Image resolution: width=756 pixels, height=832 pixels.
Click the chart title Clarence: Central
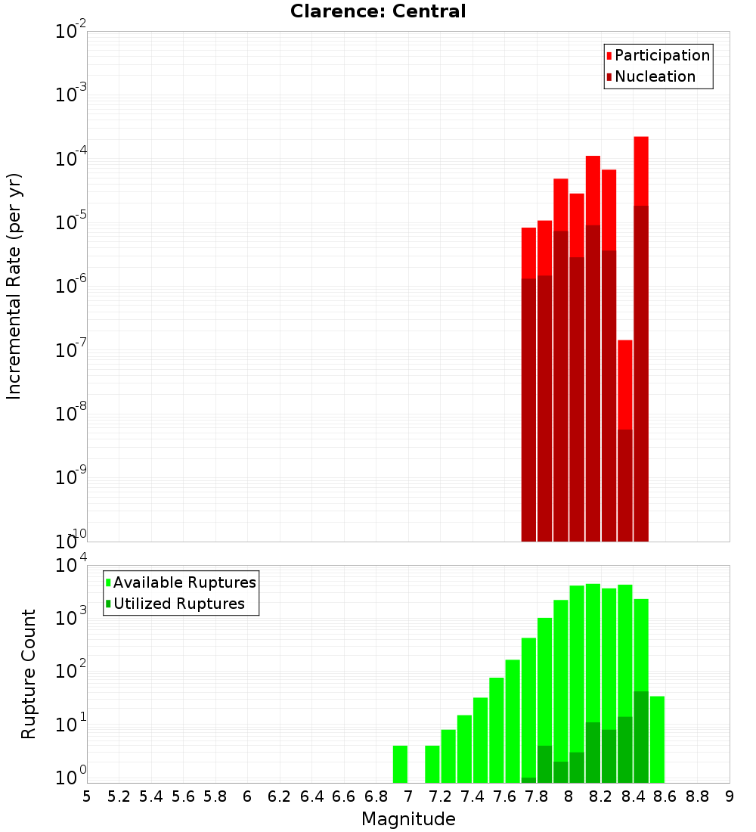[x=378, y=11]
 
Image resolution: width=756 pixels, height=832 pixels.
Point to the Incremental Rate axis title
[x=14, y=287]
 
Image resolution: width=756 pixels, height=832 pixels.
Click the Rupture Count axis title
[x=29, y=674]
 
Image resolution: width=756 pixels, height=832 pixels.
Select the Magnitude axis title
[x=408, y=819]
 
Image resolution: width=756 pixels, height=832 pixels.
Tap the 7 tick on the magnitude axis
[x=408, y=796]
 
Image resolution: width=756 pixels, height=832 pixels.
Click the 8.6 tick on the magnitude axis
[x=665, y=796]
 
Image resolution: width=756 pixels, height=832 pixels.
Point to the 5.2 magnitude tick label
[x=119, y=796]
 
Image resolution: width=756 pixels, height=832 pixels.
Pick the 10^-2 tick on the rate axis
[x=71, y=32]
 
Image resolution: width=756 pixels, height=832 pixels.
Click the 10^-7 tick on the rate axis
[x=71, y=350]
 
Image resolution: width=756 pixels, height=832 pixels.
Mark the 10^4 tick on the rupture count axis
[x=71, y=566]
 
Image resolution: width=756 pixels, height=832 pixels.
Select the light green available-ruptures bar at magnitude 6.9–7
[x=400, y=764]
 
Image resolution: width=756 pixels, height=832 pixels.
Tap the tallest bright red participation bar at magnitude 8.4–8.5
[x=641, y=170]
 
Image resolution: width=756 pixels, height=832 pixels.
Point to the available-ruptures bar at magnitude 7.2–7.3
[x=448, y=756]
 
